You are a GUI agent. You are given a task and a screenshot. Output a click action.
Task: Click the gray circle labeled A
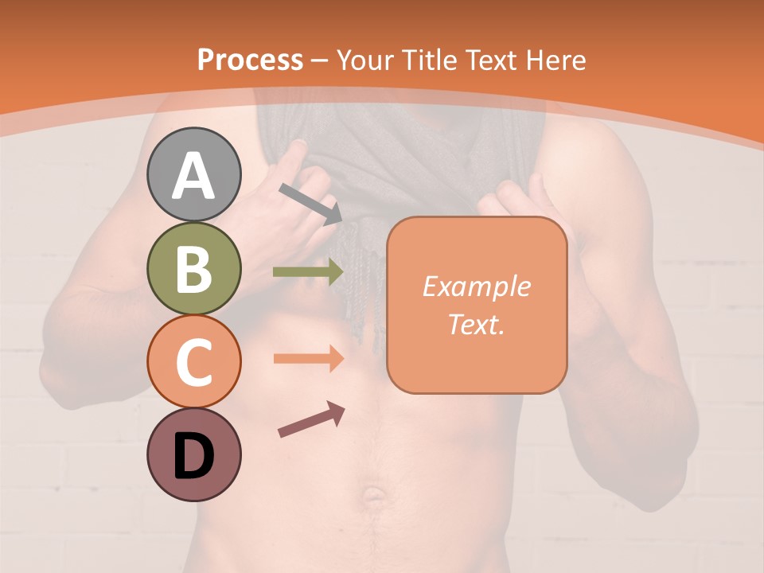click(194, 174)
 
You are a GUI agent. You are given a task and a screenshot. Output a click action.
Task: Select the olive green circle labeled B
click(194, 268)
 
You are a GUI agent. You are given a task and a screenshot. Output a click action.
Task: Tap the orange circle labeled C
click(194, 361)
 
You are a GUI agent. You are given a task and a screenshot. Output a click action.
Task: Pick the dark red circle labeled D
click(194, 454)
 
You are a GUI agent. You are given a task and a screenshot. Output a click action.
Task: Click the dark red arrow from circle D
click(311, 419)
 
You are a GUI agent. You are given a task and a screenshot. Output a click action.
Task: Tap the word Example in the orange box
click(476, 286)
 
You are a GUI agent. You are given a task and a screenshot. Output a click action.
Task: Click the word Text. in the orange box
click(476, 324)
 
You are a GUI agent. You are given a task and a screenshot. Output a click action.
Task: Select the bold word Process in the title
click(250, 60)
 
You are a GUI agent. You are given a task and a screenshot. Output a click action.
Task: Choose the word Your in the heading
click(367, 60)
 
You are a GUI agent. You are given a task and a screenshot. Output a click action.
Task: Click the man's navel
click(373, 497)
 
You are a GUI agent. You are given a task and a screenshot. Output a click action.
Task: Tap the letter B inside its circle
click(194, 268)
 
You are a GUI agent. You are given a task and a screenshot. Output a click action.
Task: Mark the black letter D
click(194, 455)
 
